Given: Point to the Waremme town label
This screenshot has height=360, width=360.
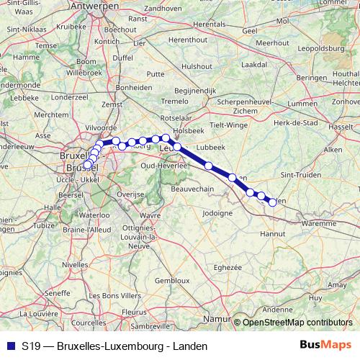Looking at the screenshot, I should coord(318,223).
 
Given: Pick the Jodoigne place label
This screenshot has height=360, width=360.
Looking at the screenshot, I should coord(218,213).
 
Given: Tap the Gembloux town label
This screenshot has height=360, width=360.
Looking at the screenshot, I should coord(171,279).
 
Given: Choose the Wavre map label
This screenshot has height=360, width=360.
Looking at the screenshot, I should coord(150,215).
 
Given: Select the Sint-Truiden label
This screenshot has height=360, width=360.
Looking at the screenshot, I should coord(297,174).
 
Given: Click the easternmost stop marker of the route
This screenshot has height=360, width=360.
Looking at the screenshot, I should coord(272,202).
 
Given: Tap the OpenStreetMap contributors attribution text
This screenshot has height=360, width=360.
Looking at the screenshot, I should coord(297,322).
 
